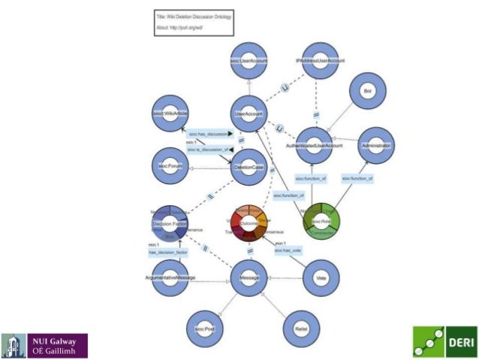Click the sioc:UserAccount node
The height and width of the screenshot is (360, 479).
(249, 60)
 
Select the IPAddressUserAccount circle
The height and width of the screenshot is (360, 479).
(320, 60)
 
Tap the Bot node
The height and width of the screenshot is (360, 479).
(367, 92)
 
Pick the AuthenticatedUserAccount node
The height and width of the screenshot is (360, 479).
(320, 145)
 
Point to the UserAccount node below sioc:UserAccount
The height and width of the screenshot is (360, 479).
(249, 113)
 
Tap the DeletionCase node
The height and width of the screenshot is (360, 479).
(249, 166)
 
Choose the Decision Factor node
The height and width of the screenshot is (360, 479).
(169, 223)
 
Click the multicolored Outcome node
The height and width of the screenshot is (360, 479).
(249, 222)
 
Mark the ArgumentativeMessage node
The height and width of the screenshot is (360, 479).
(170, 278)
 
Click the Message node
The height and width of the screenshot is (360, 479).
(249, 278)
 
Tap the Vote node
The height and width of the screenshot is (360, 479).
(319, 278)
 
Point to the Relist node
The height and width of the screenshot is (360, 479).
(302, 328)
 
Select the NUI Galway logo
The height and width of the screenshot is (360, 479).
(45, 344)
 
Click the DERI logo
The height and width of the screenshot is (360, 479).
(444, 342)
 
